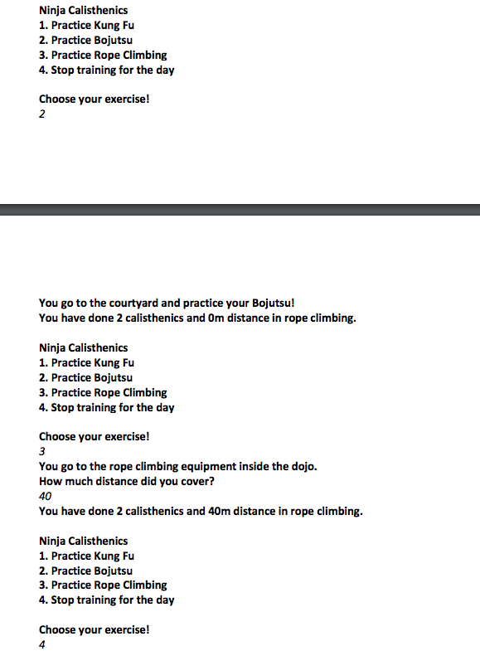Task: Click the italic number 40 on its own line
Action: coord(45,496)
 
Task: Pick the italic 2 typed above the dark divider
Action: coord(42,114)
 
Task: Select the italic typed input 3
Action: coord(42,451)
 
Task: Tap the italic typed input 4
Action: coord(42,644)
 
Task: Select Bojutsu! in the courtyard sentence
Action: coord(268,304)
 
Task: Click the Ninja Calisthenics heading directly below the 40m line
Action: coord(83,541)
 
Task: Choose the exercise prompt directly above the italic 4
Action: coord(94,629)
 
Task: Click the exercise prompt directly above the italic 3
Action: coord(94,436)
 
